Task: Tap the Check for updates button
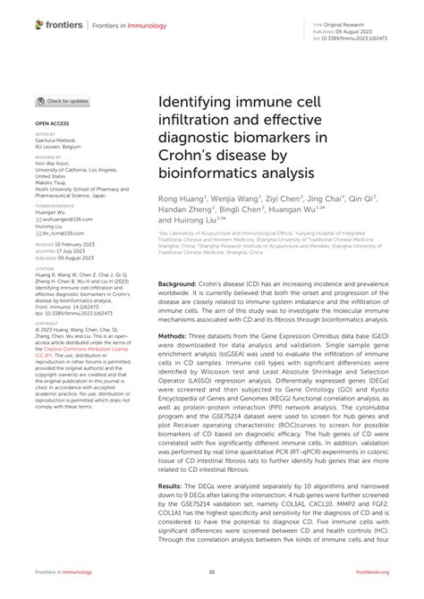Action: (62, 101)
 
